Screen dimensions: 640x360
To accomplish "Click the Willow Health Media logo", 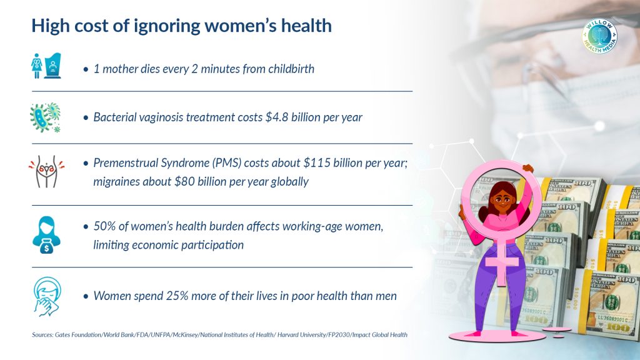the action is [x=599, y=36].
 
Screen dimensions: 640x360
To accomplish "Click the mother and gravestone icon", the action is [x=46, y=66].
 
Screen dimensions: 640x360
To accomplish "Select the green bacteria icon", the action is [x=45, y=117].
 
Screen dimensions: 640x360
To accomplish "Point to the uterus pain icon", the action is [x=46, y=171].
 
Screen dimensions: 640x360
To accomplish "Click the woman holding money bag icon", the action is [x=46, y=235].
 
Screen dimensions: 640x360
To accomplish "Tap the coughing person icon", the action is [x=47, y=297].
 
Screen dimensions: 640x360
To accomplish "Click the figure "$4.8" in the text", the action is [x=277, y=117].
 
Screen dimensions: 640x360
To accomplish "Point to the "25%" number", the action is [x=177, y=296].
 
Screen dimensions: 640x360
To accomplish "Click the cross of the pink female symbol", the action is [x=502, y=261].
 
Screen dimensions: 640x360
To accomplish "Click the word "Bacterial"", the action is [x=115, y=117].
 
